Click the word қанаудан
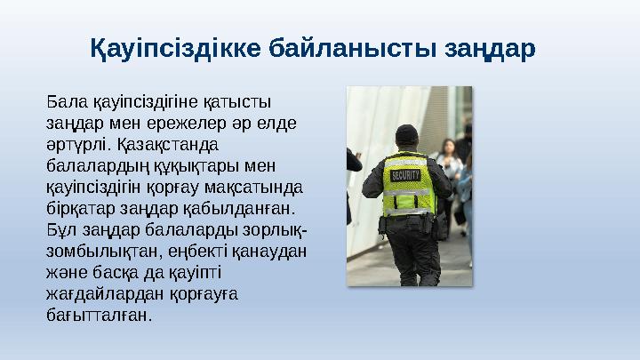tap(269, 251)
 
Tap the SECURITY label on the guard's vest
tap(405, 174)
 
